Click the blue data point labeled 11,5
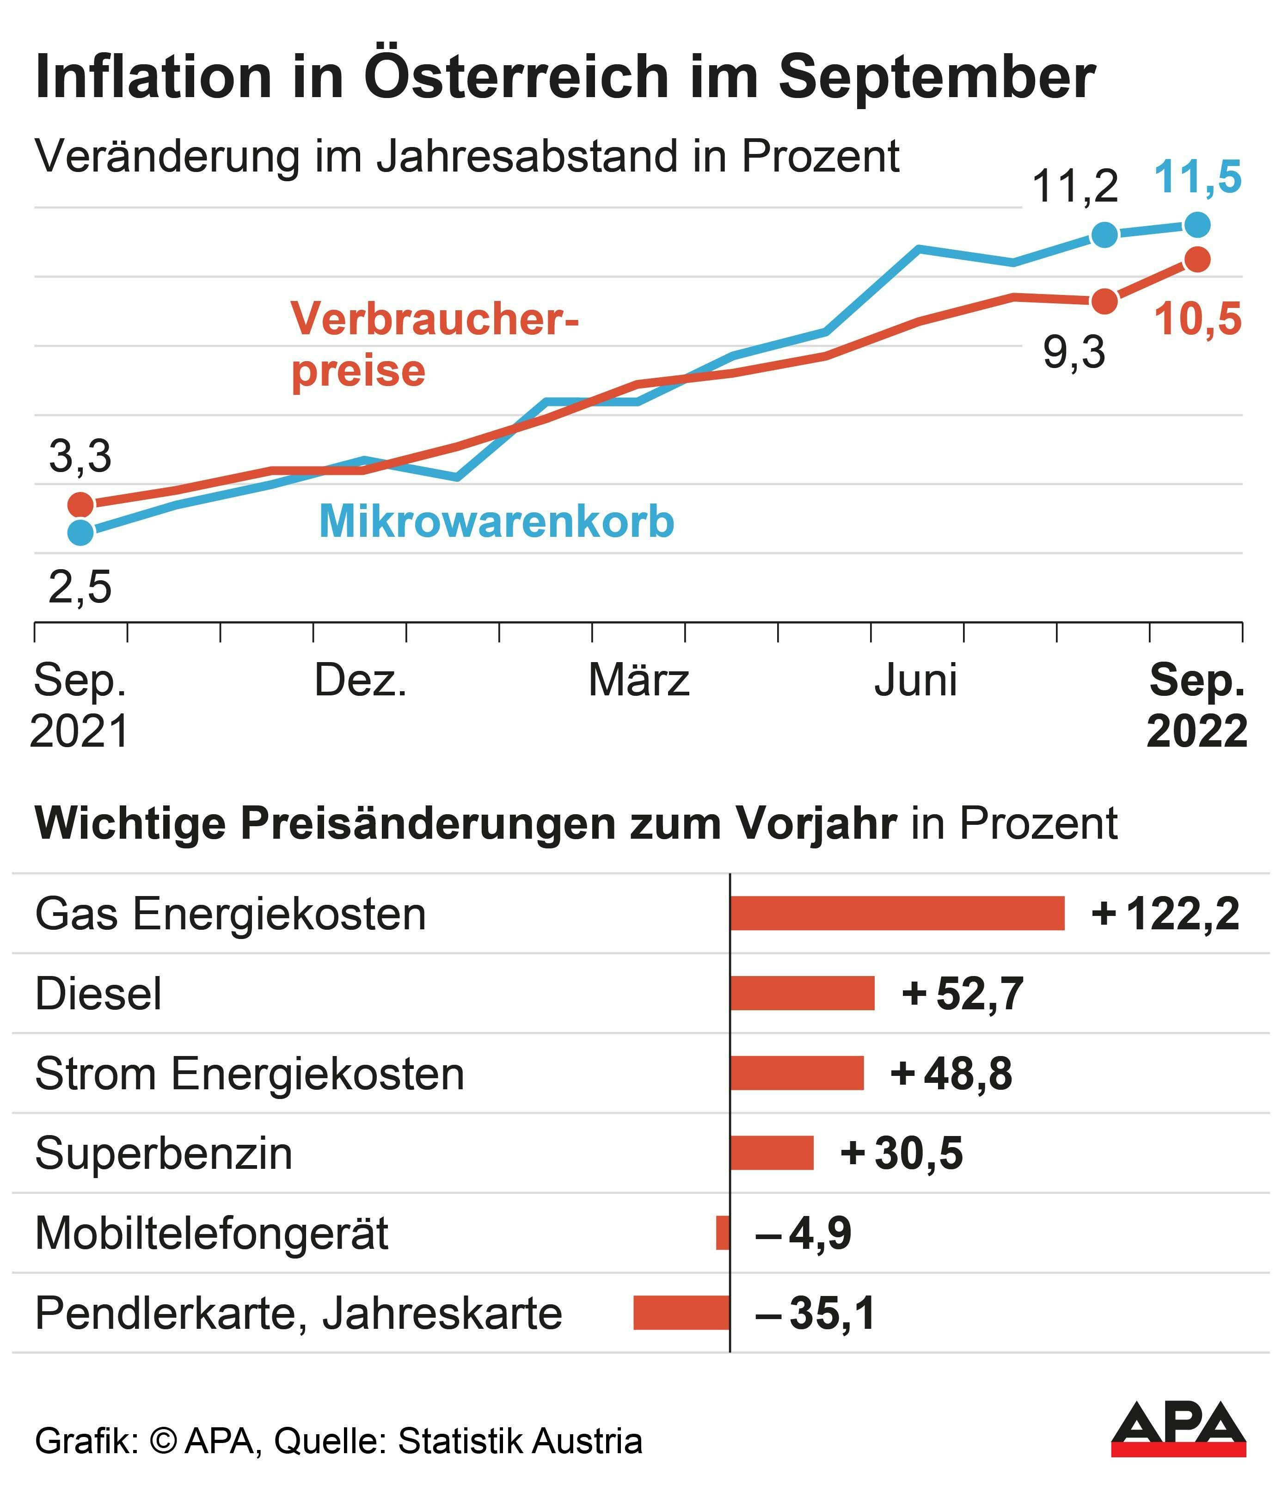coord(1196,225)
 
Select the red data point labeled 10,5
coord(1196,259)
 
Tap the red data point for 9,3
coord(1105,301)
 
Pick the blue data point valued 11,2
coord(1105,234)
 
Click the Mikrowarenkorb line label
coord(496,522)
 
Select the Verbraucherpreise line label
coord(434,345)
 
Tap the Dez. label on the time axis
coord(361,680)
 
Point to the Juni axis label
coord(915,680)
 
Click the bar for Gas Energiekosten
coord(897,914)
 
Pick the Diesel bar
coord(802,993)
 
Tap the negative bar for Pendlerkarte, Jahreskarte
coord(681,1313)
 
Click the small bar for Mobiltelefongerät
coord(723,1233)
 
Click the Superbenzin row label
coord(164,1153)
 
